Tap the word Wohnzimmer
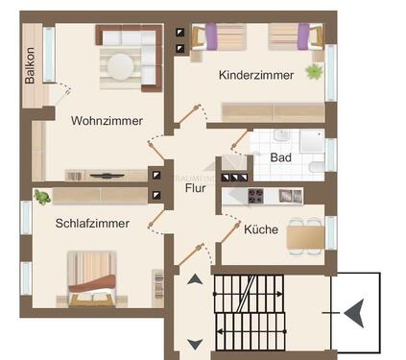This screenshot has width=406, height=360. tap(107, 121)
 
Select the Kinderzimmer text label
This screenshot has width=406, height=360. tap(254, 75)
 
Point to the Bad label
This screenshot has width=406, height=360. tap(280, 156)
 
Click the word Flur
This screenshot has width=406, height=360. tap(196, 188)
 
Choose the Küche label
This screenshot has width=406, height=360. tap(261, 230)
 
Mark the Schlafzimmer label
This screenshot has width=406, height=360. tap(93, 223)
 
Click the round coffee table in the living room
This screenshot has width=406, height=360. tap(121, 66)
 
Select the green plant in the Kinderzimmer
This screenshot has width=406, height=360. tap(313, 72)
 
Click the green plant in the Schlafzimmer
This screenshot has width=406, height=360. tap(42, 198)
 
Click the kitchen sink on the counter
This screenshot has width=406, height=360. tap(285, 196)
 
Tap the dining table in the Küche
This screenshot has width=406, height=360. tap(304, 234)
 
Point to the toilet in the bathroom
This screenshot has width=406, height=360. tap(316, 168)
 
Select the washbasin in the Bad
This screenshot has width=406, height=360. tap(281, 137)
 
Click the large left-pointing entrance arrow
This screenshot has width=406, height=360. tap(352, 311)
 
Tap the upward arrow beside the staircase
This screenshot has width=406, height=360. tap(195, 280)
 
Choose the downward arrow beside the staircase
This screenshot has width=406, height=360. tap(195, 344)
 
